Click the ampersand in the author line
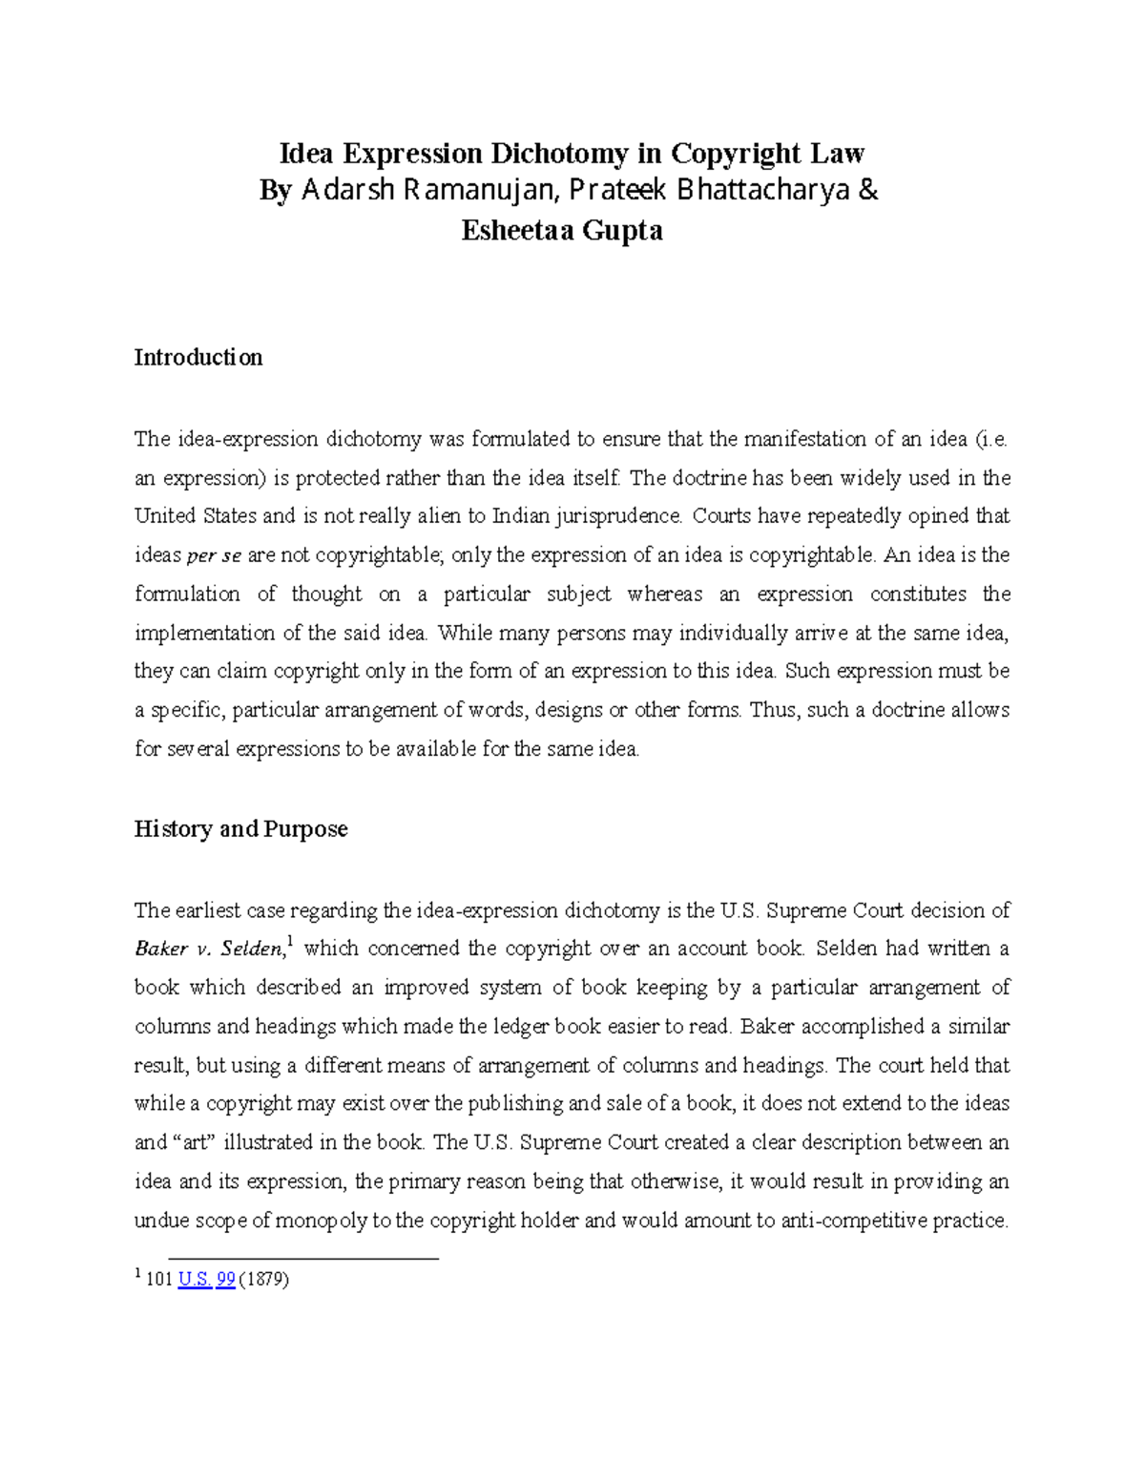[868, 191]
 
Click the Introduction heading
[198, 358]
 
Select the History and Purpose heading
[240, 828]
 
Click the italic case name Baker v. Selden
[208, 950]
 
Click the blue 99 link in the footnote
[225, 1280]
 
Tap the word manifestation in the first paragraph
[804, 439]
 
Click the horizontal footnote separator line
[302, 1259]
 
